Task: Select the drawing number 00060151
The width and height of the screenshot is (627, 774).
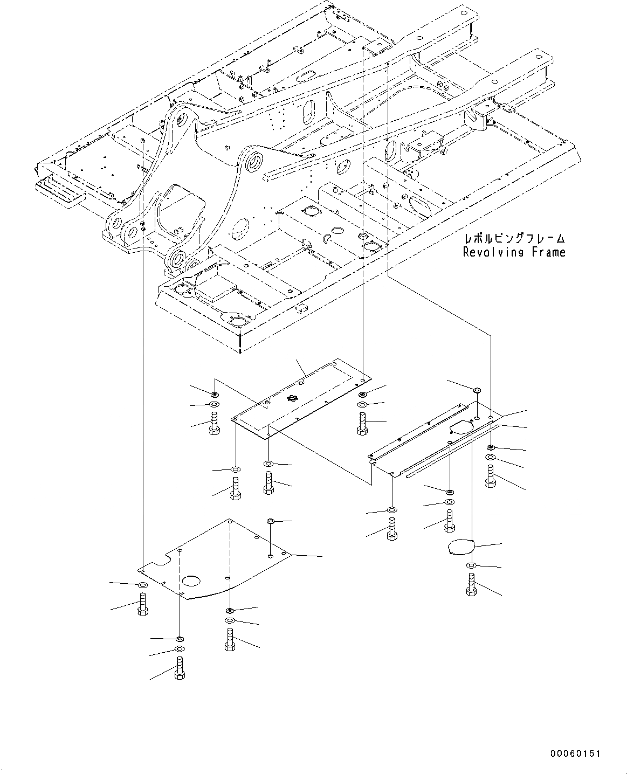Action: point(575,754)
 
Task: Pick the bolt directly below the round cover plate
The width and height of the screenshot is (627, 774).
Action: point(471,585)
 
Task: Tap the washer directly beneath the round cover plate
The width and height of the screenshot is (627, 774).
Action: point(471,565)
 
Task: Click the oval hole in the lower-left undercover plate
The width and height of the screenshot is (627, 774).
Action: point(191,581)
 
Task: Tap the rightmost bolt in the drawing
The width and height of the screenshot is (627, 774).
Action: point(490,477)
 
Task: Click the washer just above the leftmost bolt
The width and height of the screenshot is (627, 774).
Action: point(143,585)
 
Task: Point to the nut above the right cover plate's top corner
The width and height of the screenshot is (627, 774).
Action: point(477,390)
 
